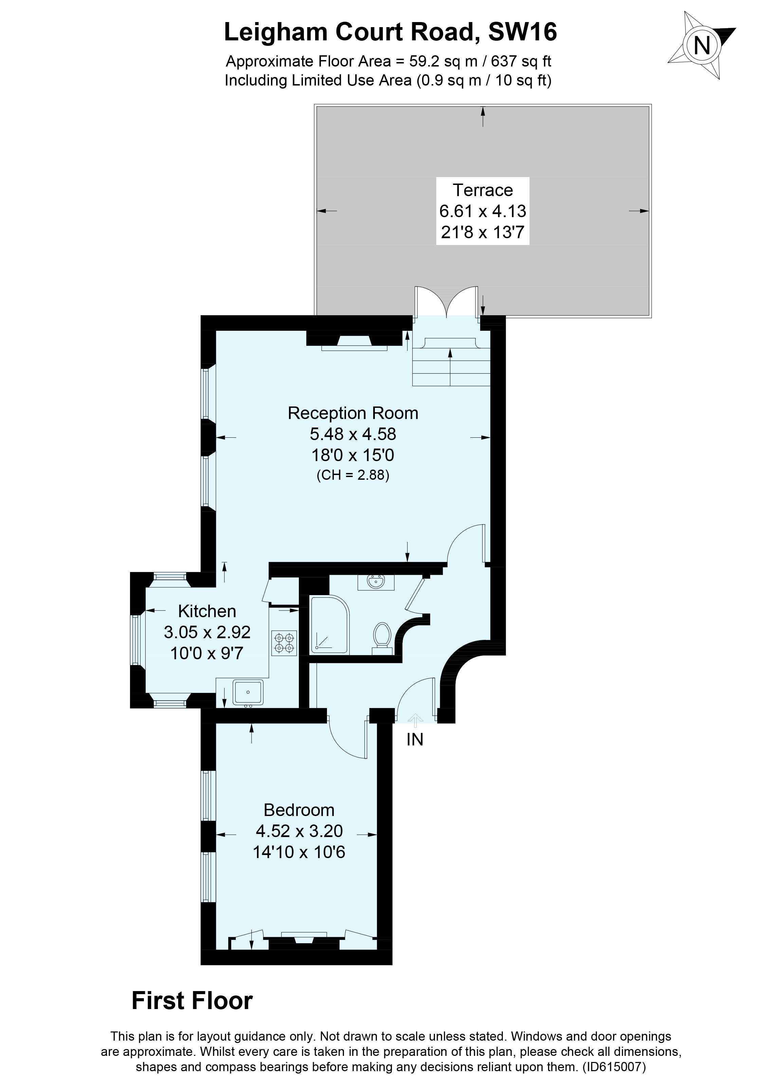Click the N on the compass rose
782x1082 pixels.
701,45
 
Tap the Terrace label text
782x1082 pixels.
483,190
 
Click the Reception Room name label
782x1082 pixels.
353,413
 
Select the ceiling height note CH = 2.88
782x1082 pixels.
353,476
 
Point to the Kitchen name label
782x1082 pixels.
207,611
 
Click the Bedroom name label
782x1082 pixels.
299,810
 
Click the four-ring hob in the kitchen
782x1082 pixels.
284,643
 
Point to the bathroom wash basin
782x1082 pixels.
376,582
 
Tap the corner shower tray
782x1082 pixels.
329,625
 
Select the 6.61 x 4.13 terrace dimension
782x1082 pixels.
483,211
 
